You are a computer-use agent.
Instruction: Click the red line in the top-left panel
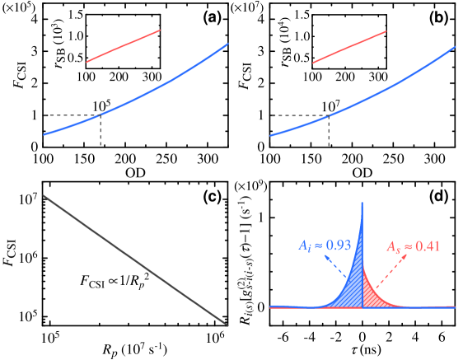[x=123, y=46]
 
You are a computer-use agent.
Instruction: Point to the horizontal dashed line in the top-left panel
[x=71, y=115]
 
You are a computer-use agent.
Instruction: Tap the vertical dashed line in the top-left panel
[x=101, y=132]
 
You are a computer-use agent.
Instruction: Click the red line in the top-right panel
[x=349, y=46]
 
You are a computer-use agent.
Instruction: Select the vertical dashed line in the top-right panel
[x=329, y=132]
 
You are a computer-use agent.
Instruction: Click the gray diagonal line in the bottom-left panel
[x=135, y=259]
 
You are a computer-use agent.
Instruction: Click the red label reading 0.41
[x=414, y=246]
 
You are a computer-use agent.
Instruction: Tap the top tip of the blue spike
[x=362, y=203]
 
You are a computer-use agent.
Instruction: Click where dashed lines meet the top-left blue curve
[x=101, y=115]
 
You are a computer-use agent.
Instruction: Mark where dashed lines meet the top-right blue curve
[x=329, y=115]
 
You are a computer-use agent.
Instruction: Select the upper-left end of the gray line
[x=44, y=196]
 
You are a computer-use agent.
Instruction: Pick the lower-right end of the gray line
[x=227, y=324]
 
